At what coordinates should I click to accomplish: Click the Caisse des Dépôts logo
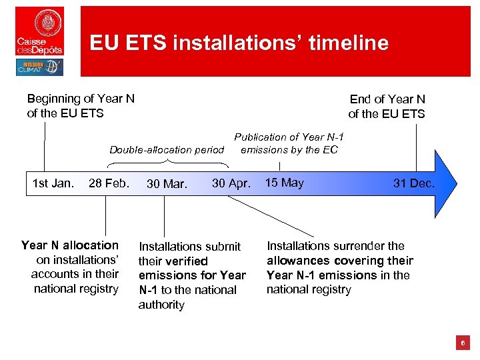click(40, 31)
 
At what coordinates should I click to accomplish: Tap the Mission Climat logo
click(39, 67)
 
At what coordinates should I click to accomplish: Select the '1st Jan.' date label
click(53, 183)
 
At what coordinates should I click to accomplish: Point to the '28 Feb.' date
click(109, 183)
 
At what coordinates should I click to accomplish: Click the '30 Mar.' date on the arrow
click(167, 184)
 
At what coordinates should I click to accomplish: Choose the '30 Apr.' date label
click(231, 183)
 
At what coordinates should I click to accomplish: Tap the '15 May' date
click(284, 183)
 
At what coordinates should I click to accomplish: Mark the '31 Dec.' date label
click(413, 183)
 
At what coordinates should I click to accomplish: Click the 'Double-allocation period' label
click(167, 150)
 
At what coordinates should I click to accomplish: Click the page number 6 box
click(463, 343)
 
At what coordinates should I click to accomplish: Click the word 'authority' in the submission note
click(161, 305)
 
